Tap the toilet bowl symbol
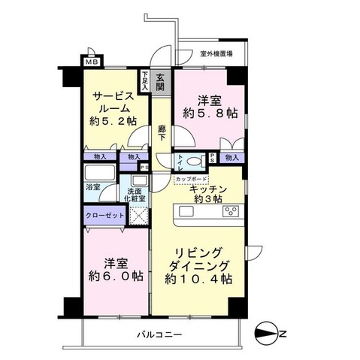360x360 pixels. (x=194, y=160)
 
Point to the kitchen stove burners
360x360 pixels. (x=229, y=211)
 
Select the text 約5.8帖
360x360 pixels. (x=207, y=114)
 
